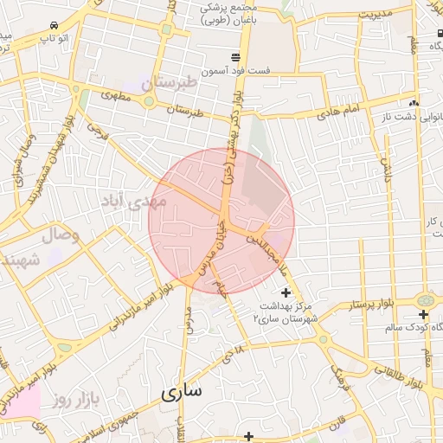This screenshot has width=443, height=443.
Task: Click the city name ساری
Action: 181,392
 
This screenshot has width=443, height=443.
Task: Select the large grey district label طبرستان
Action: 159,85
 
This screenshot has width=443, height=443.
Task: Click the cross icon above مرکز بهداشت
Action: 286,294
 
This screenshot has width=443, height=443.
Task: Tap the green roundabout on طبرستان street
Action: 148,102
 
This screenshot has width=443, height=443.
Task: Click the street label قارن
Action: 336,423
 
